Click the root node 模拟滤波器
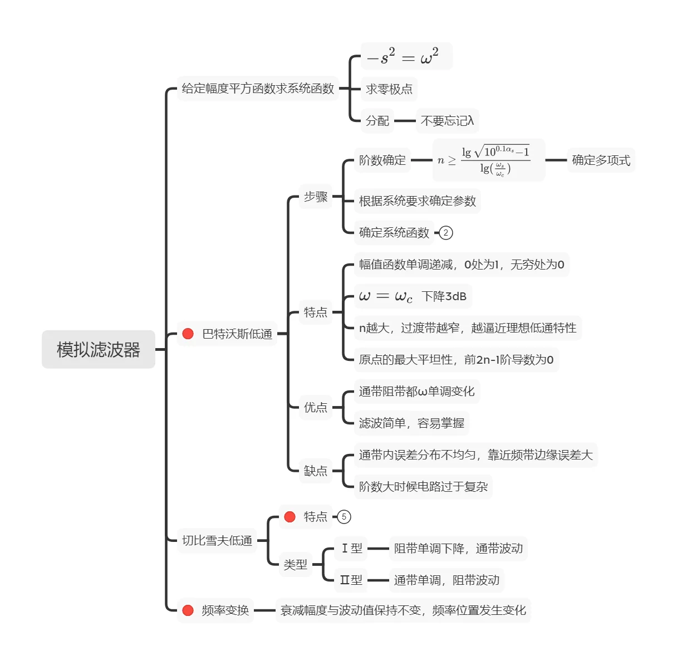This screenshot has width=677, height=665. [98, 349]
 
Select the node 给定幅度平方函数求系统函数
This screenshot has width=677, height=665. [258, 89]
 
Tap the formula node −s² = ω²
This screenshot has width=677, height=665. [406, 56]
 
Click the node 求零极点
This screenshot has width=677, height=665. [389, 89]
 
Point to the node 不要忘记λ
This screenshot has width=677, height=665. [447, 121]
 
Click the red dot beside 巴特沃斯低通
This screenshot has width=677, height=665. [188, 334]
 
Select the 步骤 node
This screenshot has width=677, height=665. [315, 197]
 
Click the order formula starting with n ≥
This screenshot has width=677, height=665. [488, 160]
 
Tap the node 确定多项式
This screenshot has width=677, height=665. [601, 160]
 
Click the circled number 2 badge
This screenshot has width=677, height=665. [446, 233]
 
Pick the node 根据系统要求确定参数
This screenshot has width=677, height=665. [417, 201]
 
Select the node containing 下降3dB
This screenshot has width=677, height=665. [413, 296]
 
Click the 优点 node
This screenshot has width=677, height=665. [315, 407]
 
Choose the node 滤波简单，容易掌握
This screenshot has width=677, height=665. [411, 423]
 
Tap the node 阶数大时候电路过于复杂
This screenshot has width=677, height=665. [423, 487]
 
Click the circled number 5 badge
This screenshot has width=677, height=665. [344, 517]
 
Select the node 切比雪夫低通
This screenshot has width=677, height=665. [217, 540]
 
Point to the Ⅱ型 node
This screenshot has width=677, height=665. [351, 580]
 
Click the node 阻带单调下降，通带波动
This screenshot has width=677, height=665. [458, 549]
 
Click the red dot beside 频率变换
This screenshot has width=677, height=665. [188, 610]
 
